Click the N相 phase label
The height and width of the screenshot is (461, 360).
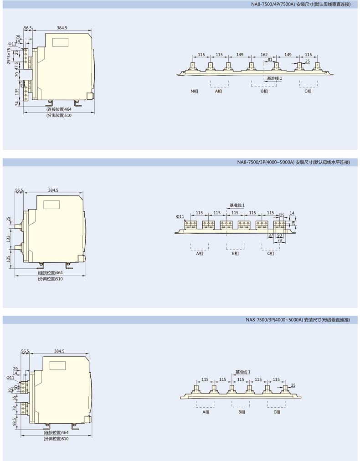194,91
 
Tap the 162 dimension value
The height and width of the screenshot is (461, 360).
264,54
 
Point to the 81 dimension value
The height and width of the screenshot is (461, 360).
270,60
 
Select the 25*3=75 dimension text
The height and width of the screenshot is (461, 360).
9,56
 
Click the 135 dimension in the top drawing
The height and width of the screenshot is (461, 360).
17,92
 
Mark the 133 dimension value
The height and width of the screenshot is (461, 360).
8,239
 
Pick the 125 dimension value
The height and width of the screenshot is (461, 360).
8,259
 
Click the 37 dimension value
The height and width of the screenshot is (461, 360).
271,235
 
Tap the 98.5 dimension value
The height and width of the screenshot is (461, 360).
14,422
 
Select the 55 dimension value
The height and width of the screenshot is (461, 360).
15,398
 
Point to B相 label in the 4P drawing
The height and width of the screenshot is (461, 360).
264,91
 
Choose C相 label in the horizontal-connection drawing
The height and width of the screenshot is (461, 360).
271,253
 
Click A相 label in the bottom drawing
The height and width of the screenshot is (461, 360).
206,412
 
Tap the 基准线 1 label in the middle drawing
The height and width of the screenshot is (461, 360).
237,205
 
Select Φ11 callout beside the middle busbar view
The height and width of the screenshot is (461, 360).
180,217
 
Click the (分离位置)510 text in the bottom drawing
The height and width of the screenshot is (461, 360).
56,439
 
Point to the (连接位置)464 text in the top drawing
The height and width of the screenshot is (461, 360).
59,109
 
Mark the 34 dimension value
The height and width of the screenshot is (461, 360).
17,103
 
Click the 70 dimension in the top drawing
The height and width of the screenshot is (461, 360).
17,75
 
